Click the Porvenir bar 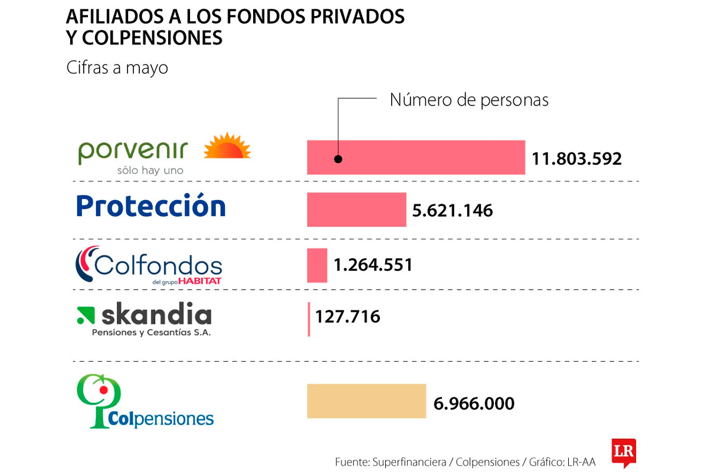pyautogui.click(x=416, y=158)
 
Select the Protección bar pyautogui.click(x=356, y=209)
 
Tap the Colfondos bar pyautogui.click(x=317, y=265)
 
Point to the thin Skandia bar pyautogui.click(x=309, y=319)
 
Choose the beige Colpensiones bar pyautogui.click(x=366, y=401)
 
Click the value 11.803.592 pyautogui.click(x=576, y=159)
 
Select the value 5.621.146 pyautogui.click(x=453, y=211)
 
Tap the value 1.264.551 pyautogui.click(x=373, y=265)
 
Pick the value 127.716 pyautogui.click(x=348, y=317)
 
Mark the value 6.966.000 pyautogui.click(x=474, y=404)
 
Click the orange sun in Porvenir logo pyautogui.click(x=227, y=146)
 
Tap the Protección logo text pyautogui.click(x=151, y=206)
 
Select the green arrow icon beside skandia pyautogui.click(x=86, y=315)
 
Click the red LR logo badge pyautogui.click(x=624, y=451)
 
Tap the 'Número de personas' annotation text pyautogui.click(x=469, y=100)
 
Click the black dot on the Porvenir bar pyautogui.click(x=338, y=159)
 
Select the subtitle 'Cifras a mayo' pyautogui.click(x=117, y=68)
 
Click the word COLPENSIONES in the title pyautogui.click(x=152, y=38)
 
